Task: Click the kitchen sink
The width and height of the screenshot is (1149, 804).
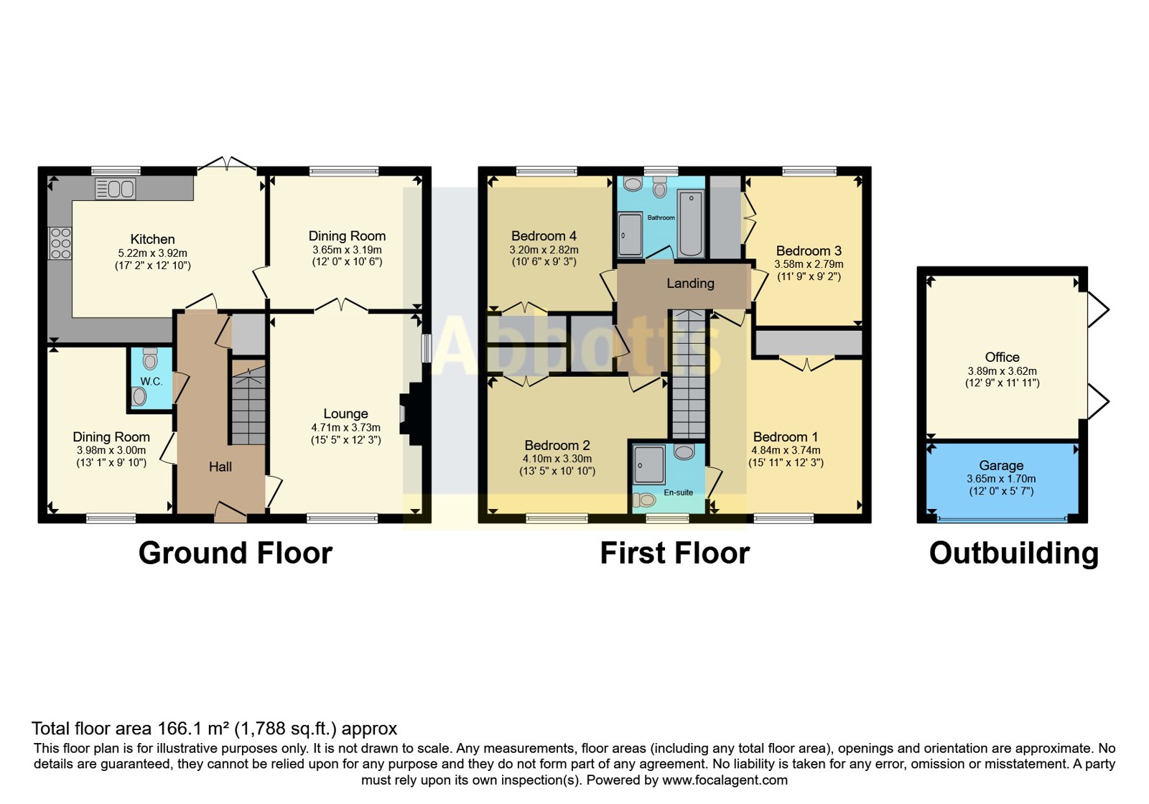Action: tap(116, 189)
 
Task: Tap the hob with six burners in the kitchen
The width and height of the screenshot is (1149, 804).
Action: tap(60, 243)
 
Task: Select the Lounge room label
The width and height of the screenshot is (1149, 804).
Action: tap(345, 413)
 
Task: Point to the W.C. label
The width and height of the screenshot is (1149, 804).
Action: tap(152, 381)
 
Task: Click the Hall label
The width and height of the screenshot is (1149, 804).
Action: tap(220, 467)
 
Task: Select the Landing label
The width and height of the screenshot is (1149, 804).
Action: tap(690, 283)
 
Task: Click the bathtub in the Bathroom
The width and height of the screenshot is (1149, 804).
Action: tap(690, 223)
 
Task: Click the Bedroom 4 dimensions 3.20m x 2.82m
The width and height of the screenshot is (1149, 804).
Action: tap(544, 251)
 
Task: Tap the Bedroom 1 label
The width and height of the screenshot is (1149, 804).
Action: tap(786, 437)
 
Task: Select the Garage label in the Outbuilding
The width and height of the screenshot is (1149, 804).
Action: tap(1001, 466)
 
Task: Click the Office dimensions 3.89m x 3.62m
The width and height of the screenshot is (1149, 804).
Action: tap(1003, 370)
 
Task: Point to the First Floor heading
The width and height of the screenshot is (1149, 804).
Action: tap(675, 553)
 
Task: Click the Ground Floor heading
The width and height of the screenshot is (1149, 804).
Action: tap(236, 553)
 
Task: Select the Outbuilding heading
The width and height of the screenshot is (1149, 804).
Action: tap(1014, 553)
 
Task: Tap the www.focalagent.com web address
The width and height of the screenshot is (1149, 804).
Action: tap(725, 780)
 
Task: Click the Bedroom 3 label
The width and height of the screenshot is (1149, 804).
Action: tap(809, 251)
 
